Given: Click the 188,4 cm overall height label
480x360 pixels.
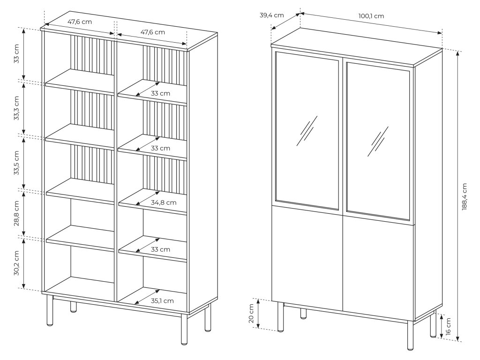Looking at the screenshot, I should pos(465,196).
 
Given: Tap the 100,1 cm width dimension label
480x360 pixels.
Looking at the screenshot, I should pos(371,16).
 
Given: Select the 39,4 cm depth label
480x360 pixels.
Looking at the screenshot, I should pos(272,15).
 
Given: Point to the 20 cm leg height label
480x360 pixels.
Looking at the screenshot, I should pos(251,313).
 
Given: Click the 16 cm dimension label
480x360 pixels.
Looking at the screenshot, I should pos(449,326).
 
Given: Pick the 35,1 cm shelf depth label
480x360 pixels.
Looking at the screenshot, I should pos(162,300).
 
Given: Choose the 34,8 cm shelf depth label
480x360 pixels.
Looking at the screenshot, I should pos(164,202).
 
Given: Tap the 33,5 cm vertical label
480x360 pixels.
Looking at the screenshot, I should pos(16,163).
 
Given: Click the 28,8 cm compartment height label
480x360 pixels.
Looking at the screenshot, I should pos(16,213).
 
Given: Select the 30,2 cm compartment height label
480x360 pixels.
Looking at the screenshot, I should pos(16,263).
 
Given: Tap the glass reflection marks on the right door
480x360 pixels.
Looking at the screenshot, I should pos(379,141).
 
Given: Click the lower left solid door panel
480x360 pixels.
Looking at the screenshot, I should pos(307,258).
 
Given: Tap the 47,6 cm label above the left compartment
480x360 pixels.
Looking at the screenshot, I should pos(80,21).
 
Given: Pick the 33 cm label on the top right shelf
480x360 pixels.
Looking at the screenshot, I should pos(160,93).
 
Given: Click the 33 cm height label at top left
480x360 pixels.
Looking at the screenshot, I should pos(16,54).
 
